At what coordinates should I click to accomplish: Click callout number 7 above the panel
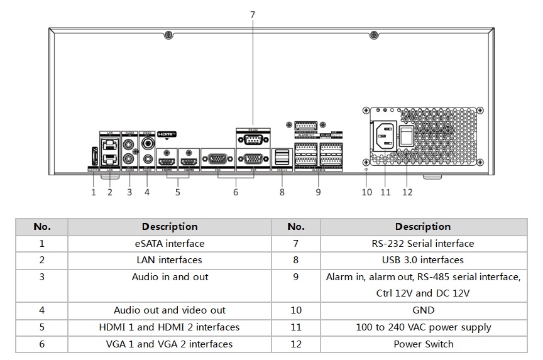pos(253,14)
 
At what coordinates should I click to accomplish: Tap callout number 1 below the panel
pos(94,192)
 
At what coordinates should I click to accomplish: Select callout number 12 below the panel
pos(407,192)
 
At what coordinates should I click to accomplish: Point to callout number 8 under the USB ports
pos(282,192)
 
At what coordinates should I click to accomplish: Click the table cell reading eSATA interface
pos(169,243)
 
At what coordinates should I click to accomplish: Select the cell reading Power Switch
pos(423,344)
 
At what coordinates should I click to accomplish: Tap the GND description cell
pos(423,310)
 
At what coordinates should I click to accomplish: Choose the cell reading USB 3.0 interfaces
pos(423,259)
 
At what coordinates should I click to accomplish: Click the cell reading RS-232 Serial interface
pos(423,243)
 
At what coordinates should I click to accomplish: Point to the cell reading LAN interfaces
pos(169,259)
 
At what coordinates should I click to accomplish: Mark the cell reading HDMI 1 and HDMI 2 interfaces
pos(169,327)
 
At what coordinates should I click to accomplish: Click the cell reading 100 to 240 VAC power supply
pos(423,327)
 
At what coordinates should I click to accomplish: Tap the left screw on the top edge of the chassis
pos(168,35)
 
